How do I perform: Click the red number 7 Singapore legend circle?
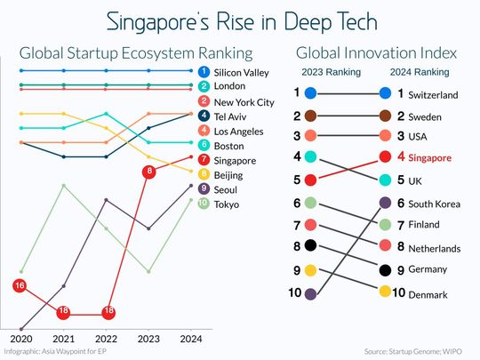[204, 160]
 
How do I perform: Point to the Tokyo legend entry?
[228, 204]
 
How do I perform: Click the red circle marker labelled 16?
[20, 285]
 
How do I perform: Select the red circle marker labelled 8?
[149, 171]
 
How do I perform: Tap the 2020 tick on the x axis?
[20, 339]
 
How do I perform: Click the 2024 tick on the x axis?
[191, 339]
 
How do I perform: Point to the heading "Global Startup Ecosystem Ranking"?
[135, 52]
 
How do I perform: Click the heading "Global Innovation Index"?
[367, 52]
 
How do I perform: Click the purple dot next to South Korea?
[385, 203]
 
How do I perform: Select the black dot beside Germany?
[385, 269]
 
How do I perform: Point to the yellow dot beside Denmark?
[385, 291]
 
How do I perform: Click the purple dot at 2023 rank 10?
[309, 292]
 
